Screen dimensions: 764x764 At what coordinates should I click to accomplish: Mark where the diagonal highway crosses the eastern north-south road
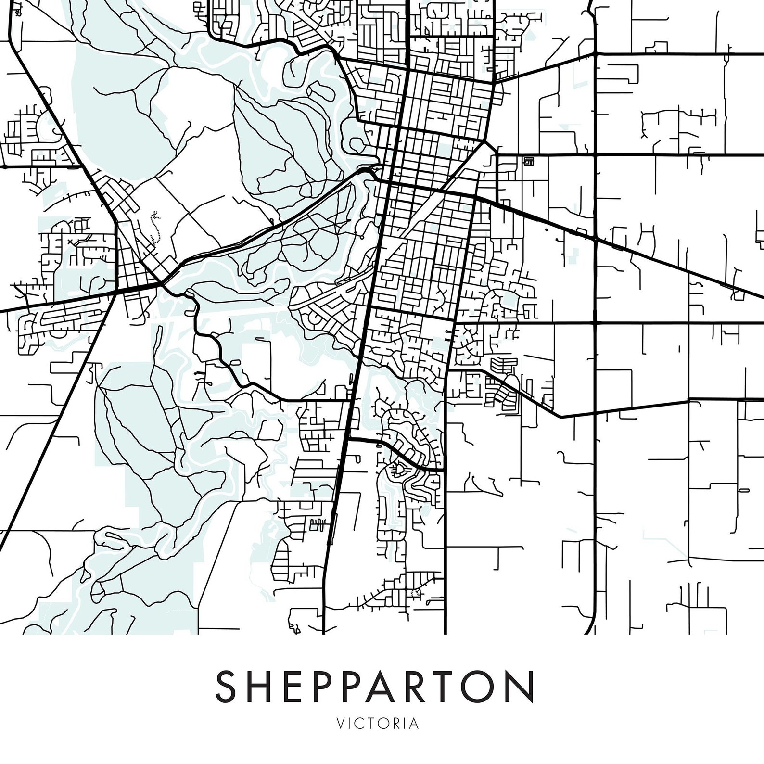pyautogui.click(x=595, y=239)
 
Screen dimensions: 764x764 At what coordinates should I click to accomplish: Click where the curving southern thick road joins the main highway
pyautogui.click(x=349, y=438)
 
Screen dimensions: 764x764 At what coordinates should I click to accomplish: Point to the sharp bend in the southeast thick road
pyautogui.click(x=561, y=416)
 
